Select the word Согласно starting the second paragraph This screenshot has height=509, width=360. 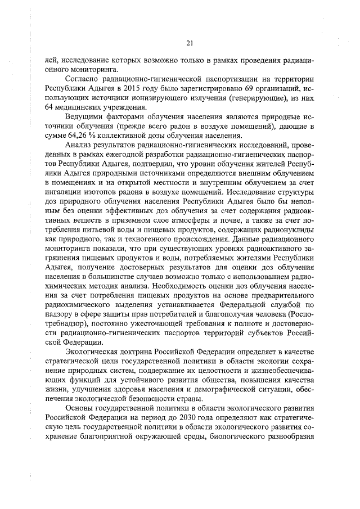point(82,79)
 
